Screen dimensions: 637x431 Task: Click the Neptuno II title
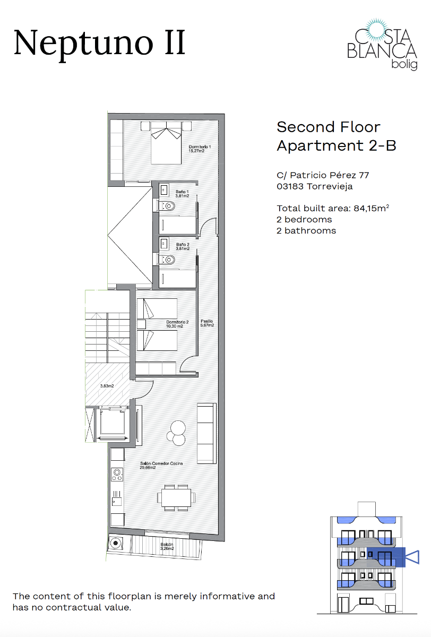[99, 43]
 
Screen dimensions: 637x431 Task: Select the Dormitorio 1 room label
[200, 149]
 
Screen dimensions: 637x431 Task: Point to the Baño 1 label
[183, 193]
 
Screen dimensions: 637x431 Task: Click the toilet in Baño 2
[168, 259]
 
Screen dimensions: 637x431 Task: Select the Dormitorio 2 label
[177, 324]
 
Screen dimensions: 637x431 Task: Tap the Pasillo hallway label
[207, 323]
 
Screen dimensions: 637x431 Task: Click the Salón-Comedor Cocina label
[161, 465]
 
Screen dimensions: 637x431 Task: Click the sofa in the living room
[206, 433]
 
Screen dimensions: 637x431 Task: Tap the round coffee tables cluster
[177, 433]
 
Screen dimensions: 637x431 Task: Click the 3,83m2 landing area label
[107, 386]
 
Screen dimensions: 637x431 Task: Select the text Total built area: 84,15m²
[333, 208]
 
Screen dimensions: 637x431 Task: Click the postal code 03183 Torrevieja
[315, 186]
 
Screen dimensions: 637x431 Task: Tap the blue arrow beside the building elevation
[412, 557]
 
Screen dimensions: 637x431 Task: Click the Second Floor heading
[329, 127]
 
